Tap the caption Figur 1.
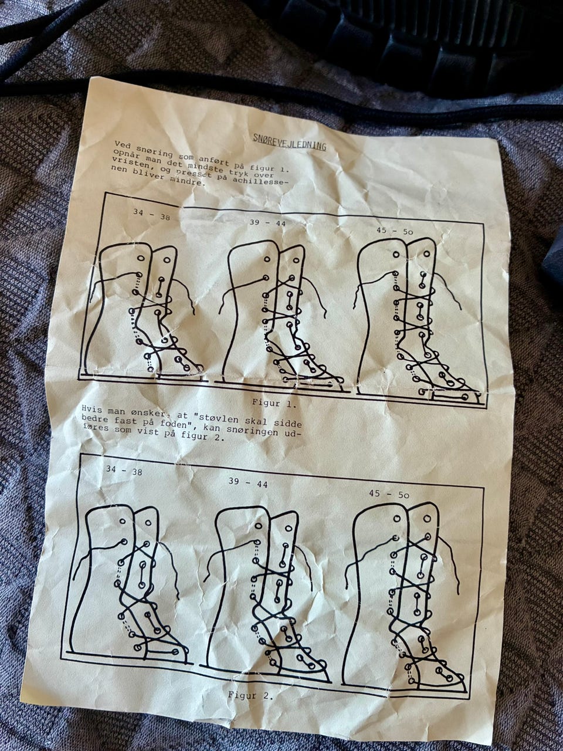274,404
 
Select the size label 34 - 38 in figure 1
151,214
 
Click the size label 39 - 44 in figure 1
267,223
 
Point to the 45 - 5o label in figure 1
395,231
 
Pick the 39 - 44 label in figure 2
248,483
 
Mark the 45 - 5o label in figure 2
389,493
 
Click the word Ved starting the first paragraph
123,144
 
